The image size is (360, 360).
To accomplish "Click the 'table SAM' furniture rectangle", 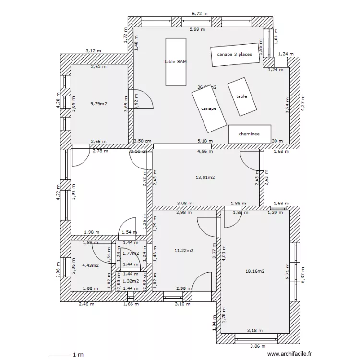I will [x=175, y=62].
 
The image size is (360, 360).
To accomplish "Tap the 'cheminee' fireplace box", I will [x=250, y=134].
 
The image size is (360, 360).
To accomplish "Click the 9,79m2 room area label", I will [x=99, y=103].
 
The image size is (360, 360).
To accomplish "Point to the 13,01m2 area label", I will [x=205, y=177].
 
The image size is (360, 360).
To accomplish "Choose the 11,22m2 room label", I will [x=184, y=250].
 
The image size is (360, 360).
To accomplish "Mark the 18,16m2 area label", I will [x=255, y=271].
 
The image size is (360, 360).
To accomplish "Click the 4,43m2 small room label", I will [x=90, y=265].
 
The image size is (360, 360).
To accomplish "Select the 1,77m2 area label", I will [x=131, y=253].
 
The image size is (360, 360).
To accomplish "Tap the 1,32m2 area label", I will [x=131, y=281].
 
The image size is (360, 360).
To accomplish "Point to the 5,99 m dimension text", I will [x=197, y=29].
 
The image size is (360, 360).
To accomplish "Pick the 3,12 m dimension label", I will [x=94, y=51].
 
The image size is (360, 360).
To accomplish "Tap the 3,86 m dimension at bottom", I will [x=258, y=346].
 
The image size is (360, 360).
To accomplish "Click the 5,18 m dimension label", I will [x=205, y=141].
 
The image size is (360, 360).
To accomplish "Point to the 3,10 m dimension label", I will [x=182, y=304].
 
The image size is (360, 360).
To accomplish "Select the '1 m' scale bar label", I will [x=78, y=355].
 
